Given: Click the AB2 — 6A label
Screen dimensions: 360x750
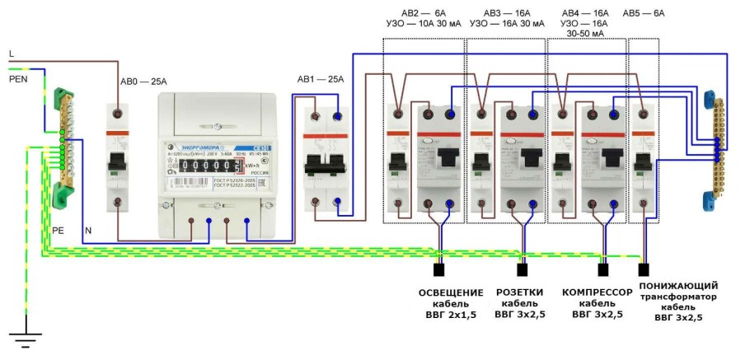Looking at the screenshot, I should pos(423,14).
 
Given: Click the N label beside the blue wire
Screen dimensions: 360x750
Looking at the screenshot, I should pos(88,231).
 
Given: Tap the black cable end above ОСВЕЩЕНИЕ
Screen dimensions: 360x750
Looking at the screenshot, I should pos(439,269).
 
